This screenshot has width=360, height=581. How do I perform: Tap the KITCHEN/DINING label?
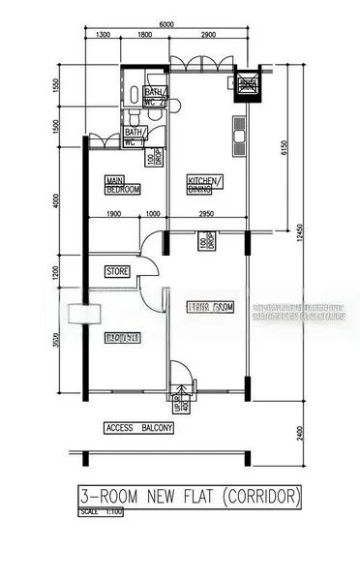tap(205, 184)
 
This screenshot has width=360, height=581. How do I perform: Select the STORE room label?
tap(117, 272)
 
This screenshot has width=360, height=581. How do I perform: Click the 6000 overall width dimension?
tap(166, 24)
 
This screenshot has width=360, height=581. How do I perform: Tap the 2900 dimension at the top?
tap(206, 36)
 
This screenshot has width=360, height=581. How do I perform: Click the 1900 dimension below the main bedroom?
tap(113, 214)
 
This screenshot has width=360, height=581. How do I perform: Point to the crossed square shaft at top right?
tap(248, 85)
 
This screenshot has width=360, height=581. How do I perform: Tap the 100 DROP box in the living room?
tap(204, 241)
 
